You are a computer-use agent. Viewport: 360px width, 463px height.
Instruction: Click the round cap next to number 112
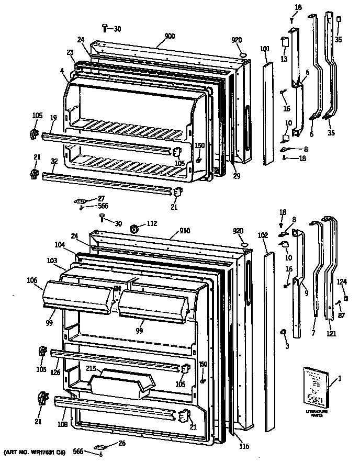[x=134, y=228]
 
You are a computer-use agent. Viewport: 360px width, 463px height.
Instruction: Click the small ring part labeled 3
[x=283, y=332]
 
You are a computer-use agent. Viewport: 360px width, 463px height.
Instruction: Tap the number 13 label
[x=284, y=59]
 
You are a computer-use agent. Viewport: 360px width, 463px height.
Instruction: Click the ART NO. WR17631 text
[x=35, y=451]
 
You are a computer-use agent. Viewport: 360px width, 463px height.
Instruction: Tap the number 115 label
[x=243, y=446]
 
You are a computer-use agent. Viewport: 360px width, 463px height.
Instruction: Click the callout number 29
[x=237, y=176]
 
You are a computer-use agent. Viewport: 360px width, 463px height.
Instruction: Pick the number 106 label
[x=31, y=280]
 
